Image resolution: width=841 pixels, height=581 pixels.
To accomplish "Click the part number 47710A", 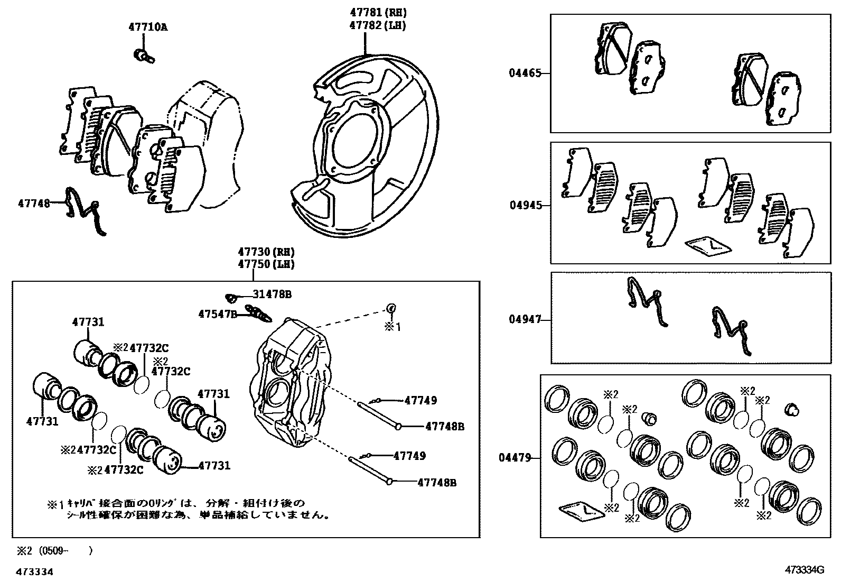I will [x=147, y=27].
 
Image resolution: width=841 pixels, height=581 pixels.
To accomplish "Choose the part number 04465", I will [x=525, y=73].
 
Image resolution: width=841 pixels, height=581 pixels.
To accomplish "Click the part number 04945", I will [x=526, y=205].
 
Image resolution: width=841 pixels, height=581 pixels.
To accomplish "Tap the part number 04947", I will [x=525, y=319].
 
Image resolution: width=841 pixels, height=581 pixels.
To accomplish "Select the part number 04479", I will [x=515, y=458].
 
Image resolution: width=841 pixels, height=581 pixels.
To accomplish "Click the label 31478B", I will [x=272, y=294].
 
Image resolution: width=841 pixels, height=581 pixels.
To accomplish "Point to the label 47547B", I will [x=218, y=314].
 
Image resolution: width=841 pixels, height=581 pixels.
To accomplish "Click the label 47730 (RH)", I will [x=266, y=252].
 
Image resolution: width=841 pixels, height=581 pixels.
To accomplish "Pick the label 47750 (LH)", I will [x=266, y=264].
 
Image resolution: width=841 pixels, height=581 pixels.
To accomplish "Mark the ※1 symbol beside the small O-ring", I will [x=392, y=327].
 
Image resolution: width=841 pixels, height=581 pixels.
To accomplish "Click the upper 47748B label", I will [x=445, y=426].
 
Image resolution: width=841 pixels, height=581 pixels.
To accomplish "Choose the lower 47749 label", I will [x=409, y=456].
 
